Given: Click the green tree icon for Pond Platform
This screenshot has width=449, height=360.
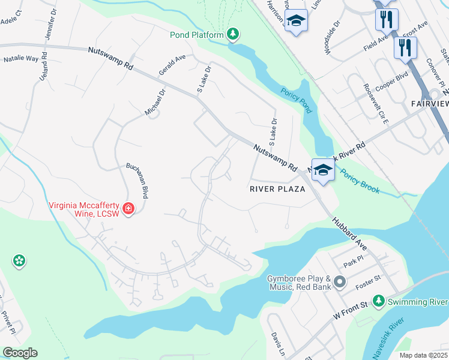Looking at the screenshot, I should coord(233,35).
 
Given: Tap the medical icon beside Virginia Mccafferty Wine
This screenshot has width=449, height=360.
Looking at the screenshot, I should coord(128,208).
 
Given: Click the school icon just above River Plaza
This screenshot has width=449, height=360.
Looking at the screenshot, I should coord(322,171).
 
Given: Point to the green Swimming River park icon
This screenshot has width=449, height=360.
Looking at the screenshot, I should coord(379,300).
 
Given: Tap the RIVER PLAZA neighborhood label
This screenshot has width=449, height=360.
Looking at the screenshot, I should coord(277,189).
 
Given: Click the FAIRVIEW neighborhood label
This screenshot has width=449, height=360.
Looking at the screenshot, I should coord(430,104).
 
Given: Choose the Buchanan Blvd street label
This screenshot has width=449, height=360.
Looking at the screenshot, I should coord(136,181).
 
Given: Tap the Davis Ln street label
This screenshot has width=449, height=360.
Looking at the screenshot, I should coord(277,343).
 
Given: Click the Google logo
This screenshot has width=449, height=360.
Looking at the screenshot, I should coord(19,353).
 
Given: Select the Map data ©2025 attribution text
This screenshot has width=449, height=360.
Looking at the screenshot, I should coord(423,355).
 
